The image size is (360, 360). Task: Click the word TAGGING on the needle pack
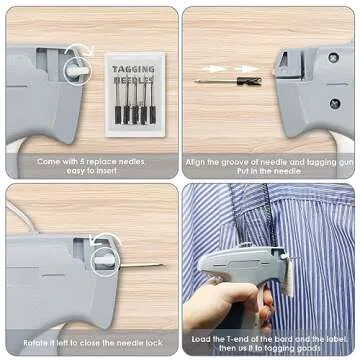[x=133, y=68]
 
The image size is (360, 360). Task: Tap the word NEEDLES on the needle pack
[x=133, y=79]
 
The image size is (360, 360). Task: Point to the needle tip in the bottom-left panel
[x=160, y=265]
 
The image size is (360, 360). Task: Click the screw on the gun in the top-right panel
[x=334, y=103]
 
